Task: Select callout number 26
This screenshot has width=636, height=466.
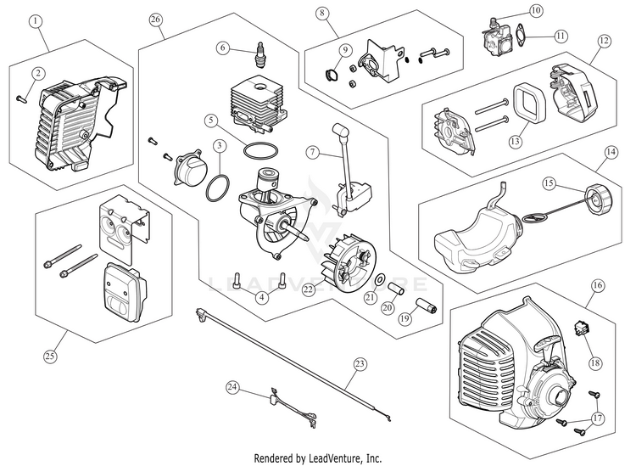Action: pyautogui.click(x=155, y=19)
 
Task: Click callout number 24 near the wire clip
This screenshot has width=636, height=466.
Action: pyautogui.click(x=232, y=388)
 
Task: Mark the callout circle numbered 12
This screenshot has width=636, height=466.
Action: pyautogui.click(x=605, y=40)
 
